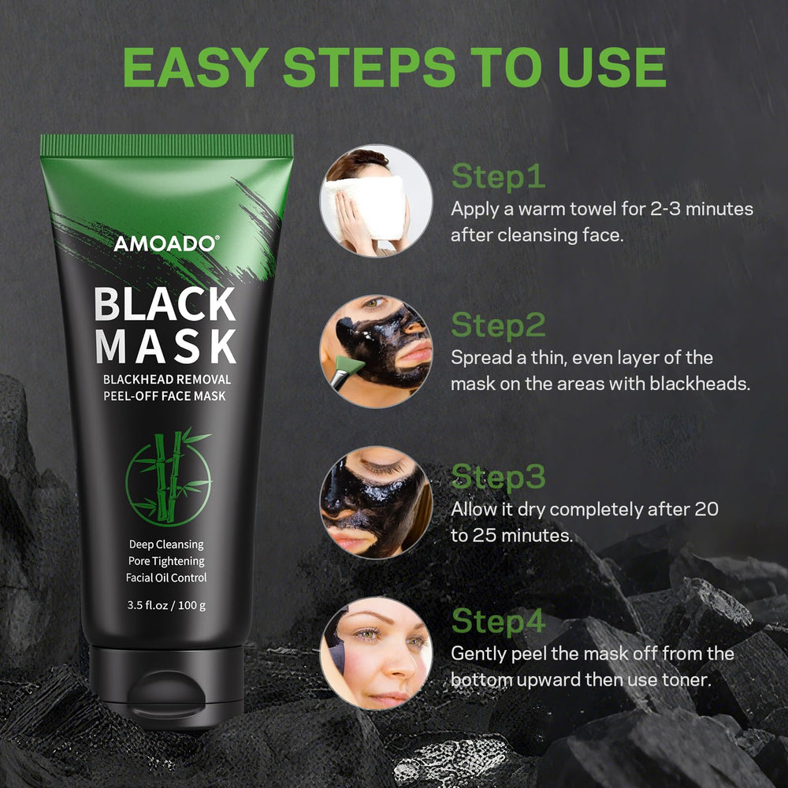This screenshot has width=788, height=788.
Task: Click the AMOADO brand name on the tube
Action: tap(165, 243)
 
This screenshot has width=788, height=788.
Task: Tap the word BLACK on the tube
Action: tap(165, 303)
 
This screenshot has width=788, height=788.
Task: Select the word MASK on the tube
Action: tap(165, 346)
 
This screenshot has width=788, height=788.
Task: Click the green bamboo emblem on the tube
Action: tap(169, 477)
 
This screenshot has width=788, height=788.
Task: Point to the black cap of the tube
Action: tap(166, 687)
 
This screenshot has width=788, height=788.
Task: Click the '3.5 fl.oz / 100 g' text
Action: tap(166, 605)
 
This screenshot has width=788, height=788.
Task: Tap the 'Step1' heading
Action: tap(498, 177)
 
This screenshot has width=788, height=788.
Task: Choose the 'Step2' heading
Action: tap(498, 325)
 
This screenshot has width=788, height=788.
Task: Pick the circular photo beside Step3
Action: tap(376, 502)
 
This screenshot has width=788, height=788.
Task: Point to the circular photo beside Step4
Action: tap(376, 653)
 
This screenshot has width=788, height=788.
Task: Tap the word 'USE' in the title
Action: tap(611, 67)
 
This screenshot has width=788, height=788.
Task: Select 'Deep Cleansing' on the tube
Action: tap(166, 545)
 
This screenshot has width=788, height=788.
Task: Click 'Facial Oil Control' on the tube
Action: tap(166, 578)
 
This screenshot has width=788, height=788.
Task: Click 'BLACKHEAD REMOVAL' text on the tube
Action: tap(167, 380)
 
